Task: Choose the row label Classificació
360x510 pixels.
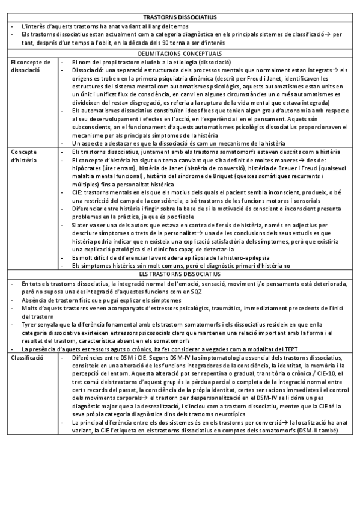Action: click(28, 357)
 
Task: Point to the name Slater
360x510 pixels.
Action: click(81, 224)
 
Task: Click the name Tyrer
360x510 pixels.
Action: click(28, 324)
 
